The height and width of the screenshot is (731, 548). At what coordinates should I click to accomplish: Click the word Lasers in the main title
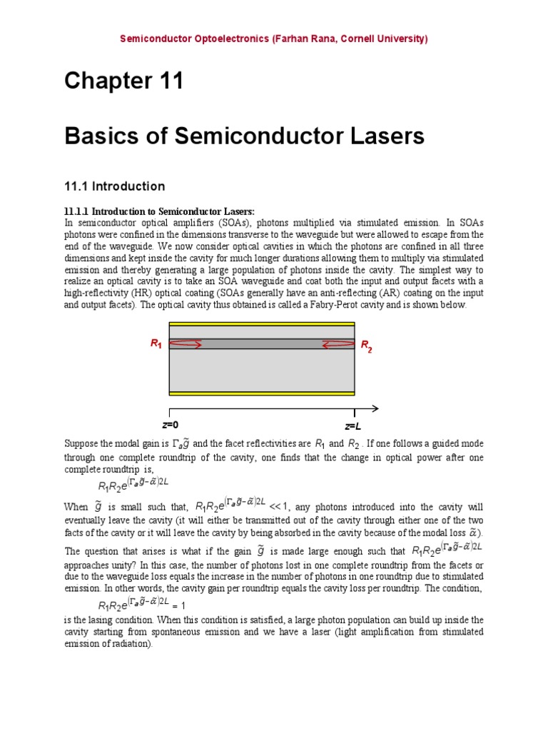tap(384, 136)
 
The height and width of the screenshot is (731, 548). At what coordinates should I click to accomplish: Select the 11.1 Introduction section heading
tap(114, 186)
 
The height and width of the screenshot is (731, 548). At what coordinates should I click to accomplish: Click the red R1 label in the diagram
tap(156, 344)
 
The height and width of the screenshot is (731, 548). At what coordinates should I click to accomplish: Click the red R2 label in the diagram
tap(366, 347)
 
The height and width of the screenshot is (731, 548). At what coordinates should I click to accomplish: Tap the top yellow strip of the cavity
tap(261, 324)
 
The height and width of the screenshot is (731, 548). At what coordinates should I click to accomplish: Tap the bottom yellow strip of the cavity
tap(261, 393)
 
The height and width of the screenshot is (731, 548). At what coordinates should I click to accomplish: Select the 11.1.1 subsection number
tap(77, 211)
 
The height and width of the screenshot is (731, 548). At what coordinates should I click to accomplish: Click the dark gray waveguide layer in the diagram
tap(261, 344)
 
